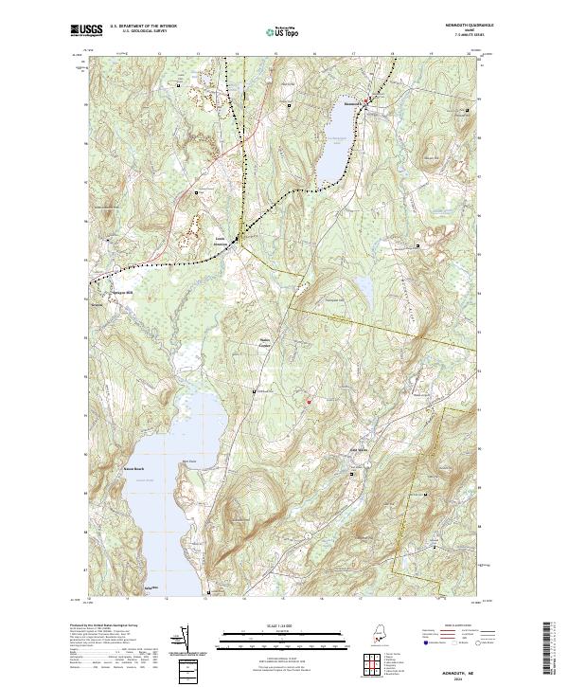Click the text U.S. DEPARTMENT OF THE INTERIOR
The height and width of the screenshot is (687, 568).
(x=143, y=27)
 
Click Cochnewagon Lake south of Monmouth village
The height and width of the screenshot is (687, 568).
(x=335, y=142)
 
